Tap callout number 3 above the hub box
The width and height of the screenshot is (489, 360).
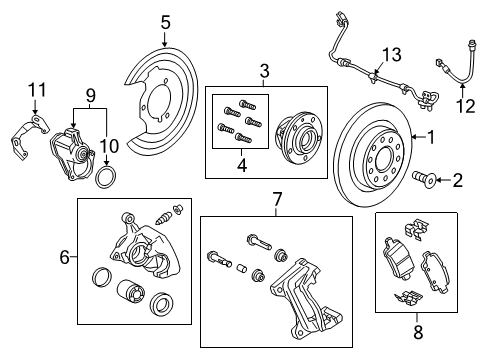(264, 71)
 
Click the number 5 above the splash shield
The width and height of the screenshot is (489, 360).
(166, 20)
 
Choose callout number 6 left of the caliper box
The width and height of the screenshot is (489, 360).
(65, 257)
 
